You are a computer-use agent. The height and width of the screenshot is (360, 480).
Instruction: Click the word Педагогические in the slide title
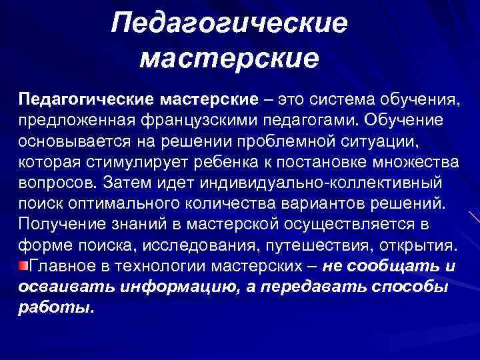coord(230,25)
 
